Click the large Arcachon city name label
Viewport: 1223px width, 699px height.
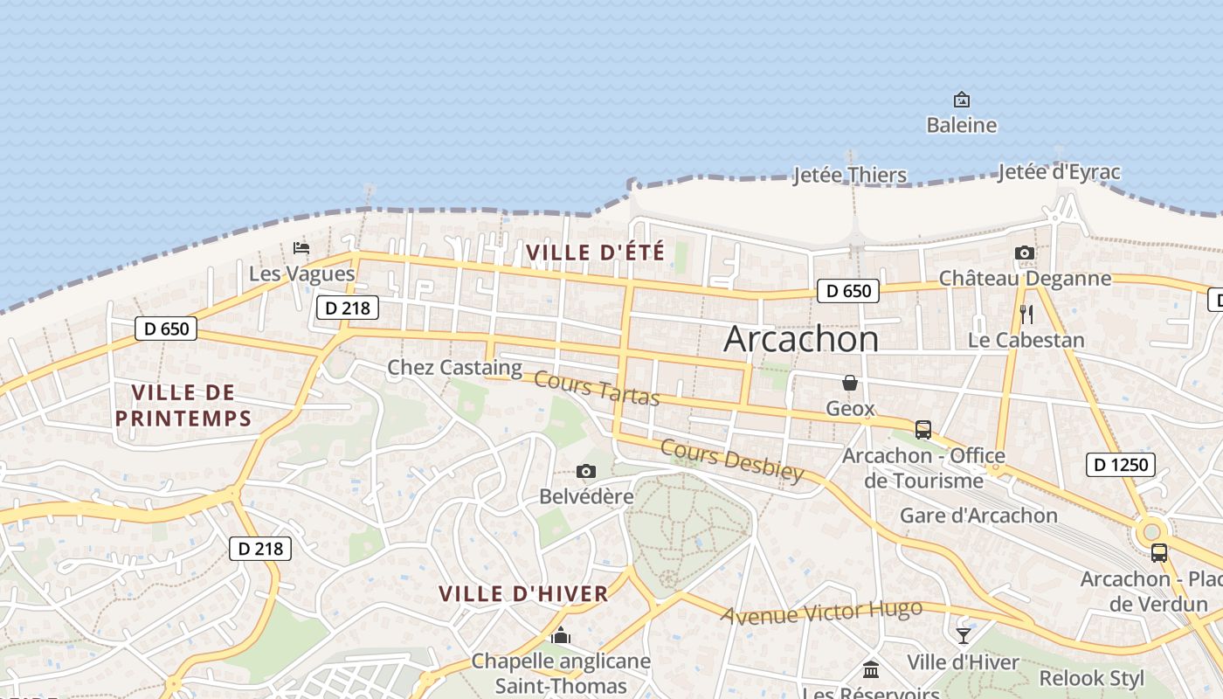(x=801, y=339)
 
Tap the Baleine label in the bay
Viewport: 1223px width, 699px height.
(x=961, y=125)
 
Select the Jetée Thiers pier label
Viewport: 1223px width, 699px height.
(x=850, y=175)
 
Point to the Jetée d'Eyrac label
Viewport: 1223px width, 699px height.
(x=1058, y=172)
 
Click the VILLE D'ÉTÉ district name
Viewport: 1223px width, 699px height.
(x=595, y=253)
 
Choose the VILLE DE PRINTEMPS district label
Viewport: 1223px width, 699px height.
(x=183, y=405)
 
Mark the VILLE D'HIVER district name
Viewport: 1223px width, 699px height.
(x=523, y=594)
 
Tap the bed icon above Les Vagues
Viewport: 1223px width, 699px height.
(x=301, y=248)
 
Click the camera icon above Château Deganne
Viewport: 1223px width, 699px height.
(x=1025, y=253)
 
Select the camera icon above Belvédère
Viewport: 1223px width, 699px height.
(x=586, y=472)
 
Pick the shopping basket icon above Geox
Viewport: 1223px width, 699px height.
(x=849, y=383)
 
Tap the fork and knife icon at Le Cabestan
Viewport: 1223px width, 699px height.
(x=1026, y=315)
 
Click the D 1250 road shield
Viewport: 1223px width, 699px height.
(x=1121, y=465)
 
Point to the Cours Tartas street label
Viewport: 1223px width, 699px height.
(x=596, y=389)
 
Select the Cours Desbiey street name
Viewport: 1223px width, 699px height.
(x=731, y=460)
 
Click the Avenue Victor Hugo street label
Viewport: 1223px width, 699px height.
(x=821, y=612)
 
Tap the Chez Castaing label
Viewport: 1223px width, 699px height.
(x=454, y=368)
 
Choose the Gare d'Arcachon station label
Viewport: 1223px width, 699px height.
(x=978, y=516)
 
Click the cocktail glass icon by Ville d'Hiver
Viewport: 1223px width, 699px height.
(x=963, y=636)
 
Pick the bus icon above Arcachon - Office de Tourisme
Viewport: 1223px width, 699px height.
(x=923, y=430)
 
